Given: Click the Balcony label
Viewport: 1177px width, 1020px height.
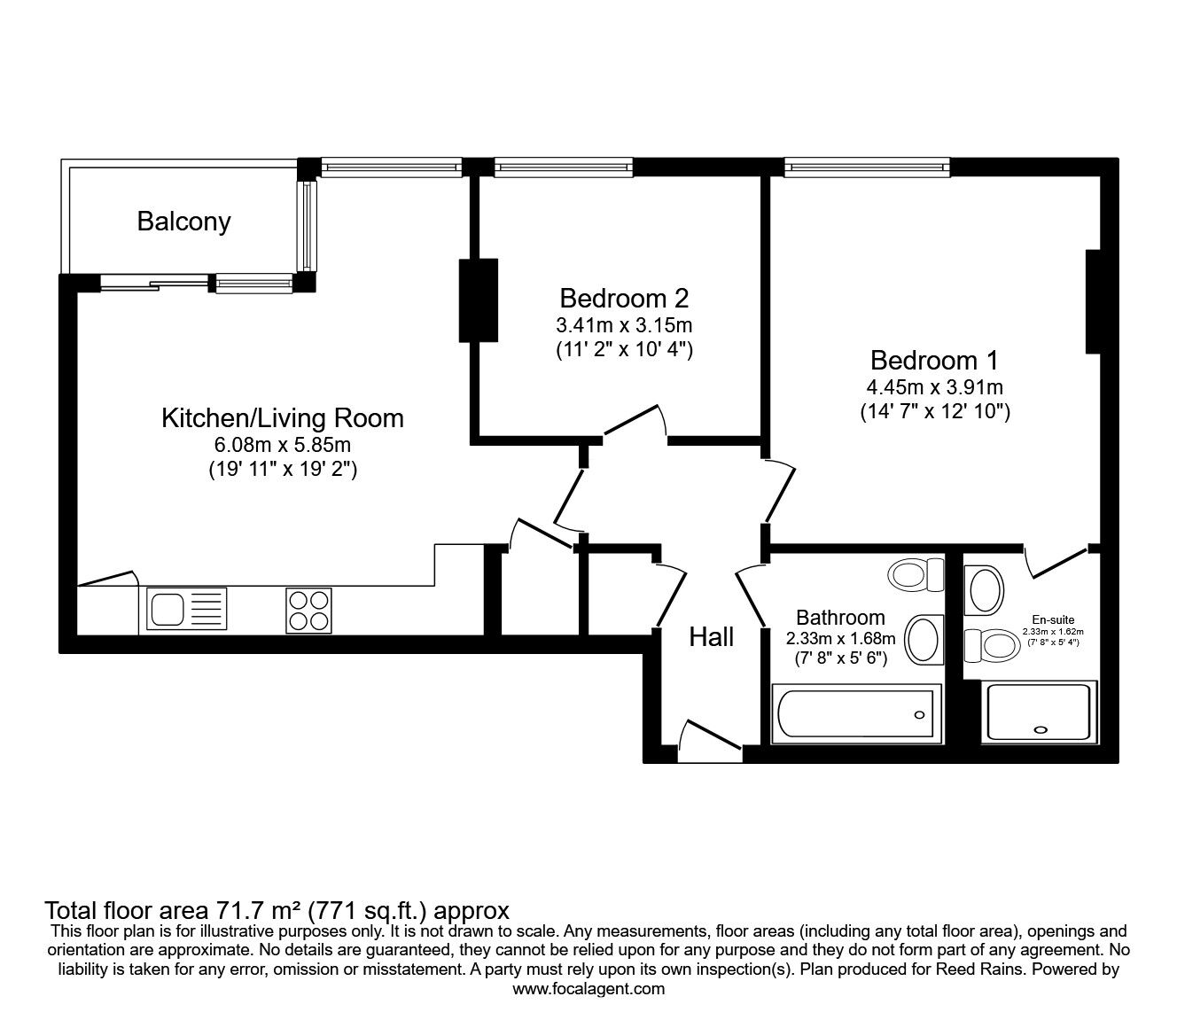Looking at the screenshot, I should [183, 221].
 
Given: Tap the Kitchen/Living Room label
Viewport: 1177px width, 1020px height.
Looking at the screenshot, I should [282, 417].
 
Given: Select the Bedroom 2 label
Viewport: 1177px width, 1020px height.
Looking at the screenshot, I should [624, 297].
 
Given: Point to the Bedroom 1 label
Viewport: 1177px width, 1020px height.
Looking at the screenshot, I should [934, 360].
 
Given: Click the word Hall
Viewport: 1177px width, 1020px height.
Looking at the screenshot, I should [712, 636].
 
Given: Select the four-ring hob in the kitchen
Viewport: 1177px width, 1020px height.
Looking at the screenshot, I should [309, 611].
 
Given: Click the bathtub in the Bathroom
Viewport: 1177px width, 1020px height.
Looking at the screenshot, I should [854, 714].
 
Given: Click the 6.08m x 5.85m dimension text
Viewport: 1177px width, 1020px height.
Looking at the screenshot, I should [282, 445].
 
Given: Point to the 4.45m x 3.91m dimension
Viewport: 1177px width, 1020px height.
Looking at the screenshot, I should [934, 387].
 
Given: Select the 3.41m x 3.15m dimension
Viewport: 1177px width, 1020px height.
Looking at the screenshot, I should [624, 324].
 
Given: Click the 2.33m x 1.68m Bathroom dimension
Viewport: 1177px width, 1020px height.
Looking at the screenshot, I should [840, 638].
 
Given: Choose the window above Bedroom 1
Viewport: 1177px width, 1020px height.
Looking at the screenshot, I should [866, 166].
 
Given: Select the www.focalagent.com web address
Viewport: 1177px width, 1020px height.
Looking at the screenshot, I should [588, 989].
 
